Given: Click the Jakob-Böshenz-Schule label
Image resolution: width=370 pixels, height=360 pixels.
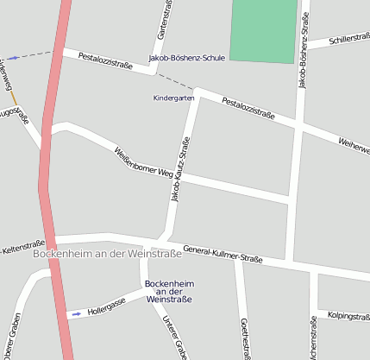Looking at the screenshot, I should coord(187,59).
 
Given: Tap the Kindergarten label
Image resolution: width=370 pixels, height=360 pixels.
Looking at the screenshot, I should coord(174,98).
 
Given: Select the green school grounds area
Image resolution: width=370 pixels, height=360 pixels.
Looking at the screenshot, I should coord(263,31).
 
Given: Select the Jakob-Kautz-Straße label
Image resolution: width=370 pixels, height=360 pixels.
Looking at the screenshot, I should coord(180,169).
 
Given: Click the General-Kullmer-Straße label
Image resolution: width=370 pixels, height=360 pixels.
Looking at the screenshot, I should coord(223,252).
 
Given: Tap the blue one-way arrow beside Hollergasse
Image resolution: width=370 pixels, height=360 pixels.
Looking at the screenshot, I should coord(76,313).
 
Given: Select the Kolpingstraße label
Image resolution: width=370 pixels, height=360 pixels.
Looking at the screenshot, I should coord(348,317).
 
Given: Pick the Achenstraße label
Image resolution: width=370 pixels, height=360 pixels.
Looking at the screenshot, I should coord(312,339).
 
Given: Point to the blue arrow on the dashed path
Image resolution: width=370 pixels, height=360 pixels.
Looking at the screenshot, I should coord(13,58).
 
